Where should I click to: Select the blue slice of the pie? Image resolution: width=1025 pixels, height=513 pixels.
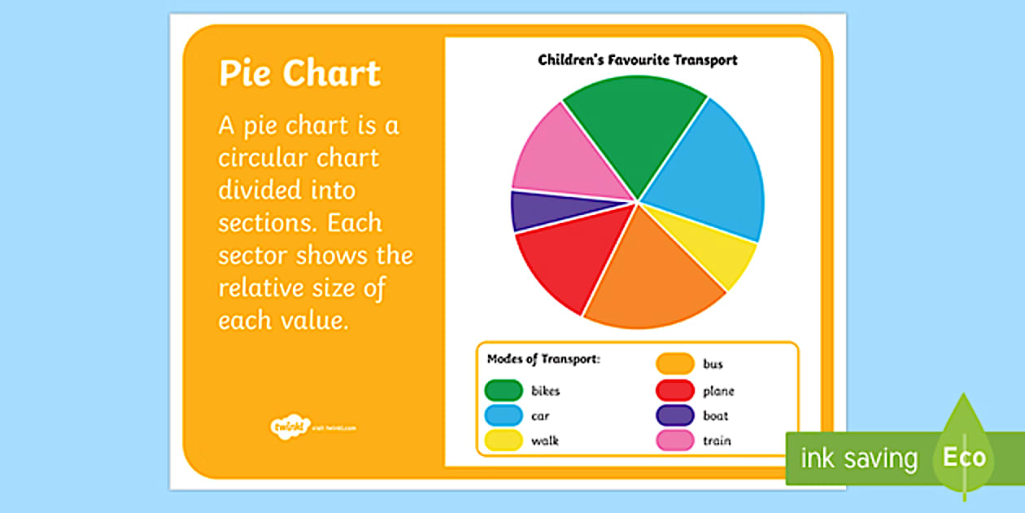pyautogui.click(x=708, y=175)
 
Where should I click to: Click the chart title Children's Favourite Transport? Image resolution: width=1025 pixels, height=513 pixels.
pyautogui.click(x=638, y=59)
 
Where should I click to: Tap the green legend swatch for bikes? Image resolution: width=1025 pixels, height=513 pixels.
pyautogui.click(x=504, y=391)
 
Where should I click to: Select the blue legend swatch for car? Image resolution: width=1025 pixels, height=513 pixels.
pyautogui.click(x=504, y=416)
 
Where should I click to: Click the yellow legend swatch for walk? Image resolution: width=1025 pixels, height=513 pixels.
pyautogui.click(x=504, y=441)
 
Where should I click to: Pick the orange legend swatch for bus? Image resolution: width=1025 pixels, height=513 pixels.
pyautogui.click(x=675, y=364)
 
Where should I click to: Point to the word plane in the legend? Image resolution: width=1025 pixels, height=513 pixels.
pyautogui.click(x=718, y=391)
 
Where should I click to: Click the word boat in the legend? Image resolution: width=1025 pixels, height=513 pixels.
pyautogui.click(x=716, y=416)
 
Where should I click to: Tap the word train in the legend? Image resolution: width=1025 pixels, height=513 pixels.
pyautogui.click(x=717, y=441)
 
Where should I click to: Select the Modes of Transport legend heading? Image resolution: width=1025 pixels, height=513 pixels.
pyautogui.click(x=543, y=359)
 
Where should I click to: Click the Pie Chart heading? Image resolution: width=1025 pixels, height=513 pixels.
pyautogui.click(x=299, y=73)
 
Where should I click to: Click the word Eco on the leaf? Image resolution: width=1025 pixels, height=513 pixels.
pyautogui.click(x=964, y=457)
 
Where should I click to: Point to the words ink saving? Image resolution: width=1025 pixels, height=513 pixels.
pyautogui.click(x=858, y=458)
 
